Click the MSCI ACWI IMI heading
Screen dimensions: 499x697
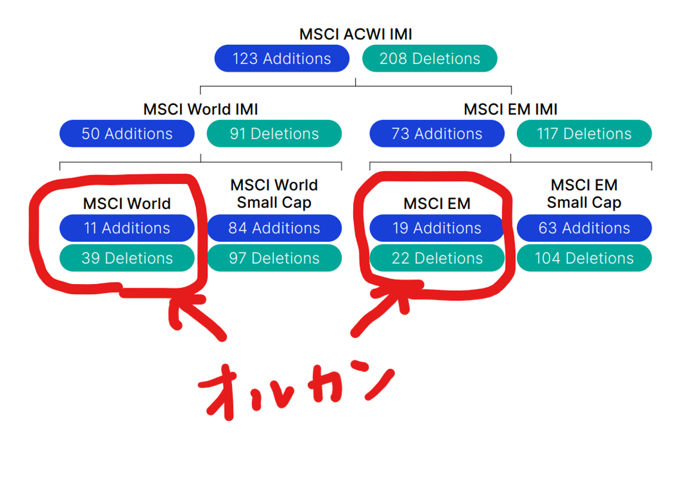(356, 34)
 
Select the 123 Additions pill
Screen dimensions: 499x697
(282, 58)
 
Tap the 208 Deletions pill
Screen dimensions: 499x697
(430, 58)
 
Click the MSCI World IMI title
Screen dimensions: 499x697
(201, 109)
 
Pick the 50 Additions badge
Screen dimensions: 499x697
(127, 134)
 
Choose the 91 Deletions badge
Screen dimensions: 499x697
(275, 134)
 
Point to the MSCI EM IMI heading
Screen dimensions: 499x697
(510, 109)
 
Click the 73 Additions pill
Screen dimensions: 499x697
(437, 134)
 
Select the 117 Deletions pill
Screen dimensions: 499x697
(584, 134)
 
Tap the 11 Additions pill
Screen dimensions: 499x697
(127, 228)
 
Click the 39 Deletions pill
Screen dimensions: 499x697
(127, 258)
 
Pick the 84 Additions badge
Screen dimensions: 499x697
(275, 228)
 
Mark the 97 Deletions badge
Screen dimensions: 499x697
(275, 258)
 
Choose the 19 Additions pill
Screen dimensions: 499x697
(437, 228)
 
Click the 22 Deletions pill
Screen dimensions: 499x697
(437, 258)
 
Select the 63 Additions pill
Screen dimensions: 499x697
(584, 228)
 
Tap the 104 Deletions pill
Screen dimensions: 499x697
(584, 258)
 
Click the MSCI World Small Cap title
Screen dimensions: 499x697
(275, 193)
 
